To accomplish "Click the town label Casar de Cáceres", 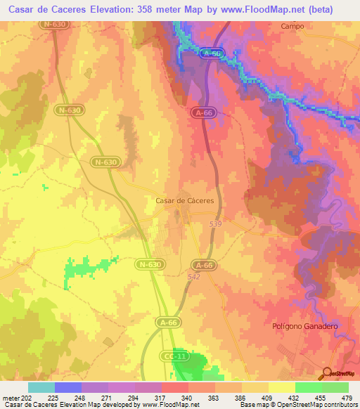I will coord(184,200).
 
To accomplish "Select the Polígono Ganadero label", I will coord(305,327).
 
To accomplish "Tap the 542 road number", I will coord(194,277).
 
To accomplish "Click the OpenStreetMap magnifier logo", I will coord(326,373).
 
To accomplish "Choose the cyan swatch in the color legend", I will coord(41,387).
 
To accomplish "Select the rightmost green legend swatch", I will coord(335,387).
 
